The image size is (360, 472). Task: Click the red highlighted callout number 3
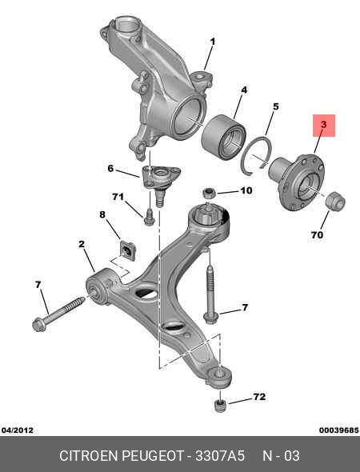tap(323, 125)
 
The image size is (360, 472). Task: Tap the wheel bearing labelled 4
tap(223, 137)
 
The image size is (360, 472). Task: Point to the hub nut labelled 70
tap(336, 201)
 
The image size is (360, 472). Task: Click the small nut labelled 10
tap(208, 193)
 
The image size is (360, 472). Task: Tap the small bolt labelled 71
tap(149, 217)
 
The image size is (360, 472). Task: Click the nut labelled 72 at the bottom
tap(221, 406)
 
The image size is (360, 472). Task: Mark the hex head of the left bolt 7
tap(39, 325)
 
